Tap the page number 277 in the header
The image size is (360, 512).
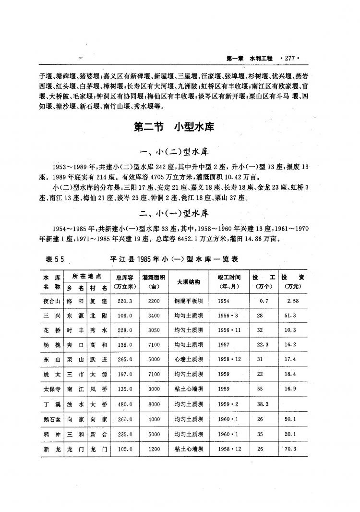coord(288,59)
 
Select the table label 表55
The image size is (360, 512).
coord(55,259)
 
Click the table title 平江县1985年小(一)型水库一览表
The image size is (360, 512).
coord(174,259)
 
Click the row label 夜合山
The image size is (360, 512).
coord(51,301)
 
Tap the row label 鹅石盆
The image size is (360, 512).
coord(51,419)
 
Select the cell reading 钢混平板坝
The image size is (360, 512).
coord(188,301)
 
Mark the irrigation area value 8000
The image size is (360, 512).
coord(154,404)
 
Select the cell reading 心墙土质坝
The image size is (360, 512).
coord(188,360)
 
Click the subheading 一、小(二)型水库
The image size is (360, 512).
coord(173,153)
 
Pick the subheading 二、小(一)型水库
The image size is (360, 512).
coord(173,213)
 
